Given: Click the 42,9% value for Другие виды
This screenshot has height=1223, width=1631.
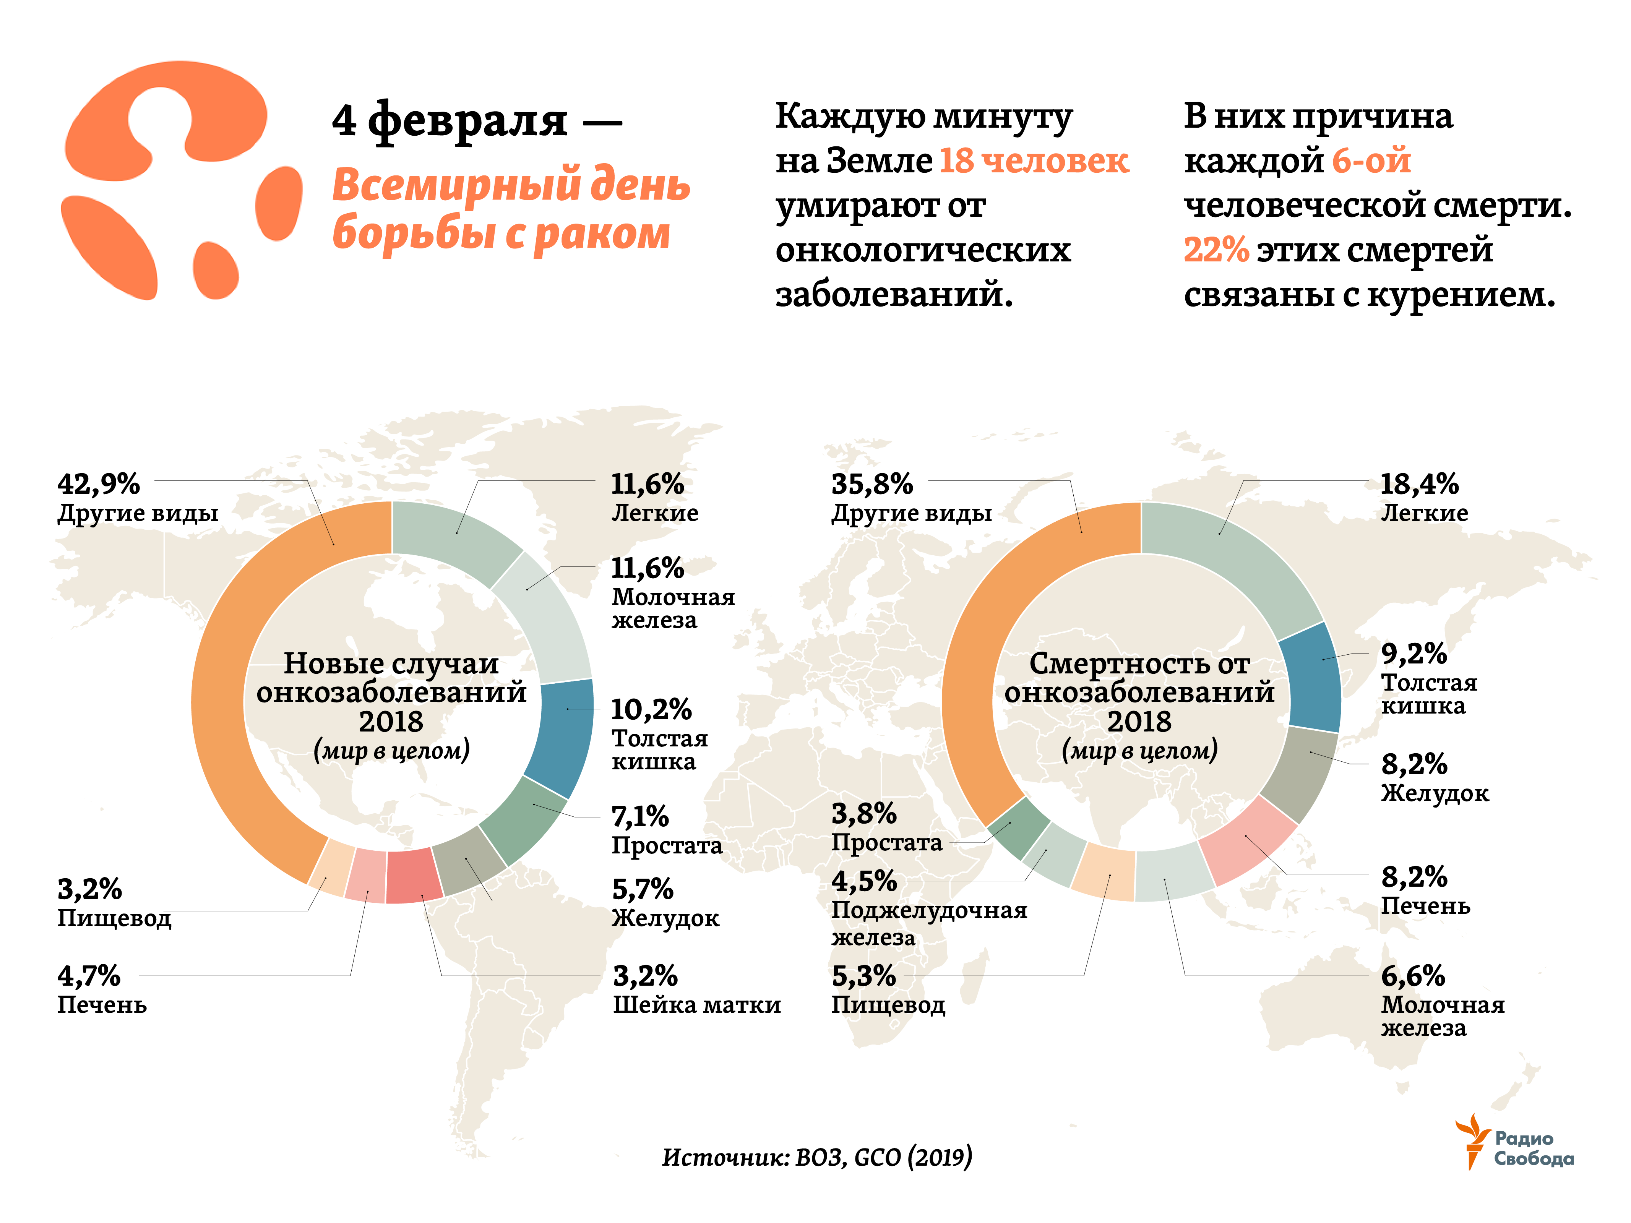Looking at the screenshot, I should coord(99,484).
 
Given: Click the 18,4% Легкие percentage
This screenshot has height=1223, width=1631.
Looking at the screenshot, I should coord(1418,484).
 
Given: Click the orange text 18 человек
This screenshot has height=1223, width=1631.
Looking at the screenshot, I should coord(1034,161).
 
